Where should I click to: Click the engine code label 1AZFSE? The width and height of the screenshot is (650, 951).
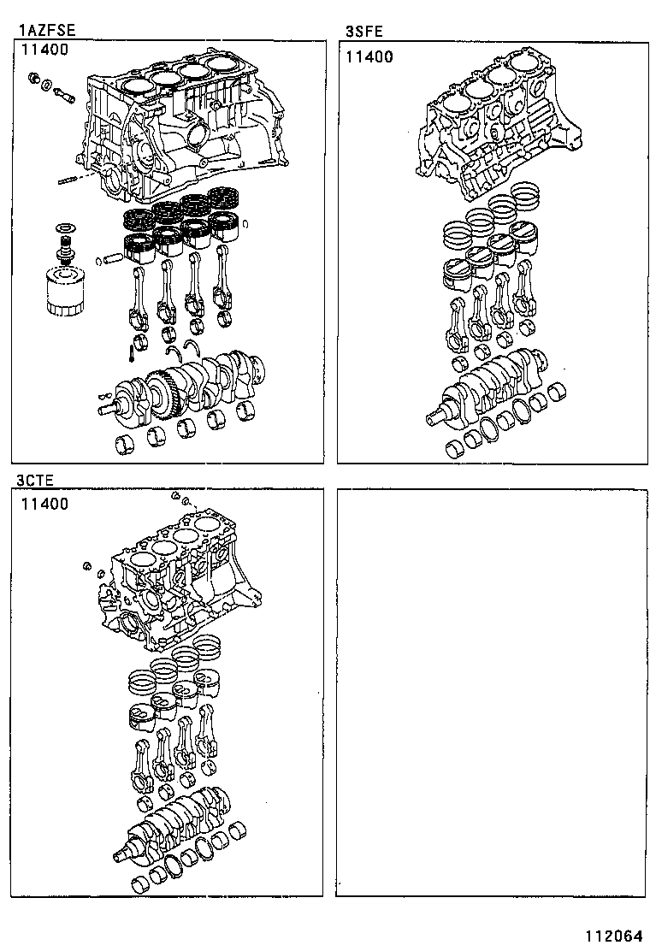[48, 31]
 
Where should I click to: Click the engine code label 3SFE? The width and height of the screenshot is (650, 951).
[363, 32]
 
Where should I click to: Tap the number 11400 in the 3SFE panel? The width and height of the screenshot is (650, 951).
[369, 57]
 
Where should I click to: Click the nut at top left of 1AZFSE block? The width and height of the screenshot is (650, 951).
[32, 80]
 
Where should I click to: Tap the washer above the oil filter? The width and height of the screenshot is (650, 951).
[62, 228]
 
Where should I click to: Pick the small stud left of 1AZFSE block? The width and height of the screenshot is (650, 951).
[69, 180]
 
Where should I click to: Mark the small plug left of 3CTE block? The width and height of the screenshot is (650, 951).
[86, 565]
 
